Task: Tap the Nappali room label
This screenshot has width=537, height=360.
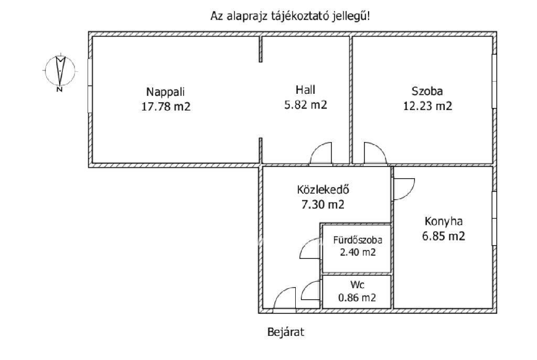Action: [x=165, y=92]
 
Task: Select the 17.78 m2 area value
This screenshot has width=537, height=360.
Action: [x=166, y=106]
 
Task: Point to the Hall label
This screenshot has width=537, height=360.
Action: [x=306, y=90]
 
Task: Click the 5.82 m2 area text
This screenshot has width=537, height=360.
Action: [x=306, y=105]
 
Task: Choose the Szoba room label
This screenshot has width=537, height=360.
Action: [x=427, y=91]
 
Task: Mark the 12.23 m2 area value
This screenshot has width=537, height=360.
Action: [x=427, y=106]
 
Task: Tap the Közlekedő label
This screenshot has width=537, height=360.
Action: [x=323, y=189]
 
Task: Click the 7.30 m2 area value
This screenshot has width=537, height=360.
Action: [x=323, y=204]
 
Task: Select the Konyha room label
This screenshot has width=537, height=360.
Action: [x=444, y=222]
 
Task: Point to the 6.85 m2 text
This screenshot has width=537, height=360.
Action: [x=444, y=236]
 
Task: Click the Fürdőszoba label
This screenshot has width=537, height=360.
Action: [x=358, y=240]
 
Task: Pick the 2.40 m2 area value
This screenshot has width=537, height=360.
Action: [x=358, y=252]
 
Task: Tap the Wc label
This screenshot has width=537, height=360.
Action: [x=357, y=285]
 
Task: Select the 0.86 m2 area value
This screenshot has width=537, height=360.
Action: [x=357, y=298]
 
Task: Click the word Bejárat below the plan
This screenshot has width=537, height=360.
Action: [x=286, y=332]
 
